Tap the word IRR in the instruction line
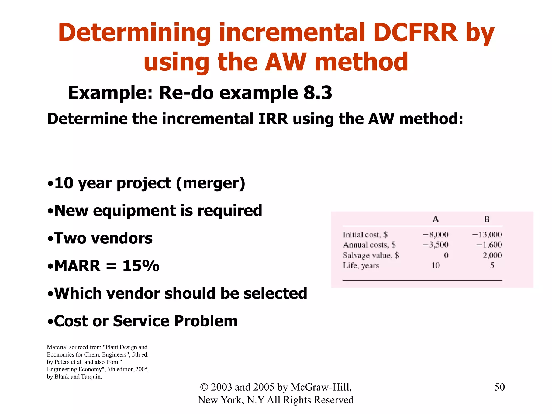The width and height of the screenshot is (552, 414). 273,119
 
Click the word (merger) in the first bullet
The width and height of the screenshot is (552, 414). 211,184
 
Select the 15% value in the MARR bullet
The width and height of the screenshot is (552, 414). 141,266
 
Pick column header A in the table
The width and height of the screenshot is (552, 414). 435,219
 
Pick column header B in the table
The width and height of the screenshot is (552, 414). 487,219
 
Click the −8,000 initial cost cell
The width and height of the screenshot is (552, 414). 436,235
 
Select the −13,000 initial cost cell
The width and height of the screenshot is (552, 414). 487,235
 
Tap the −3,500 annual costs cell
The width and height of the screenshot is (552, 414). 436,245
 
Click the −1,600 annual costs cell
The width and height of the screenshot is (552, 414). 489,245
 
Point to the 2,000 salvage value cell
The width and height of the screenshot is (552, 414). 492,255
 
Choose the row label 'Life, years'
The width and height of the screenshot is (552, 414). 361,266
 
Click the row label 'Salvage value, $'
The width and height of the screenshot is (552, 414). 371,255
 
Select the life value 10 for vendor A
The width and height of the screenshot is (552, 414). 435,266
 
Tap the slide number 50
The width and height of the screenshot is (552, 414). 499,387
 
